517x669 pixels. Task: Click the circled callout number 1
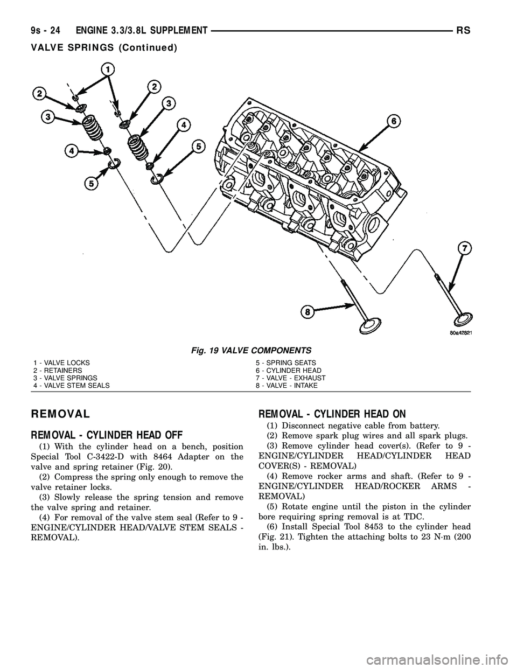(109, 69)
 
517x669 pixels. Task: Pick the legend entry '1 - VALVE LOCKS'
(61, 363)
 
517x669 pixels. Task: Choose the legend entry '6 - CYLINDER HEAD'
(288, 371)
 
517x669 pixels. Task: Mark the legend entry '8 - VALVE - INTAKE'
(287, 386)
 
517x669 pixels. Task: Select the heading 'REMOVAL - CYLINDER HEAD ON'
(332, 414)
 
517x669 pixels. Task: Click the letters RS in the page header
(465, 32)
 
